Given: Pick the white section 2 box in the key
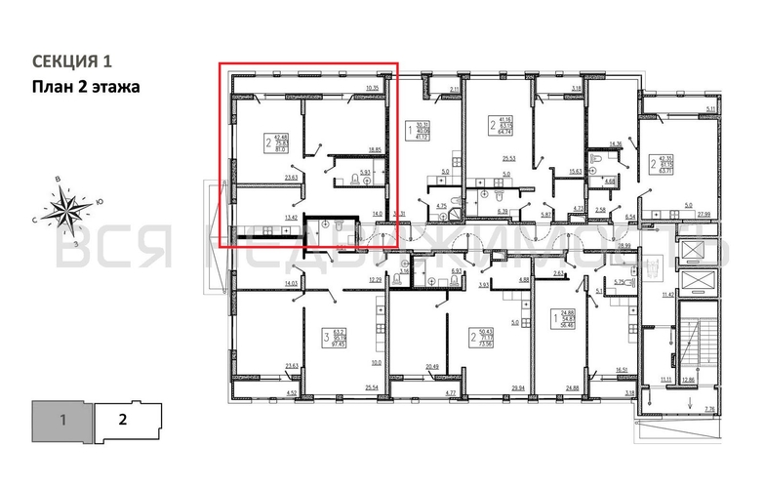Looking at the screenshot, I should [124, 422].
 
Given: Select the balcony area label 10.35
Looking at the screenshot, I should [372, 89].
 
